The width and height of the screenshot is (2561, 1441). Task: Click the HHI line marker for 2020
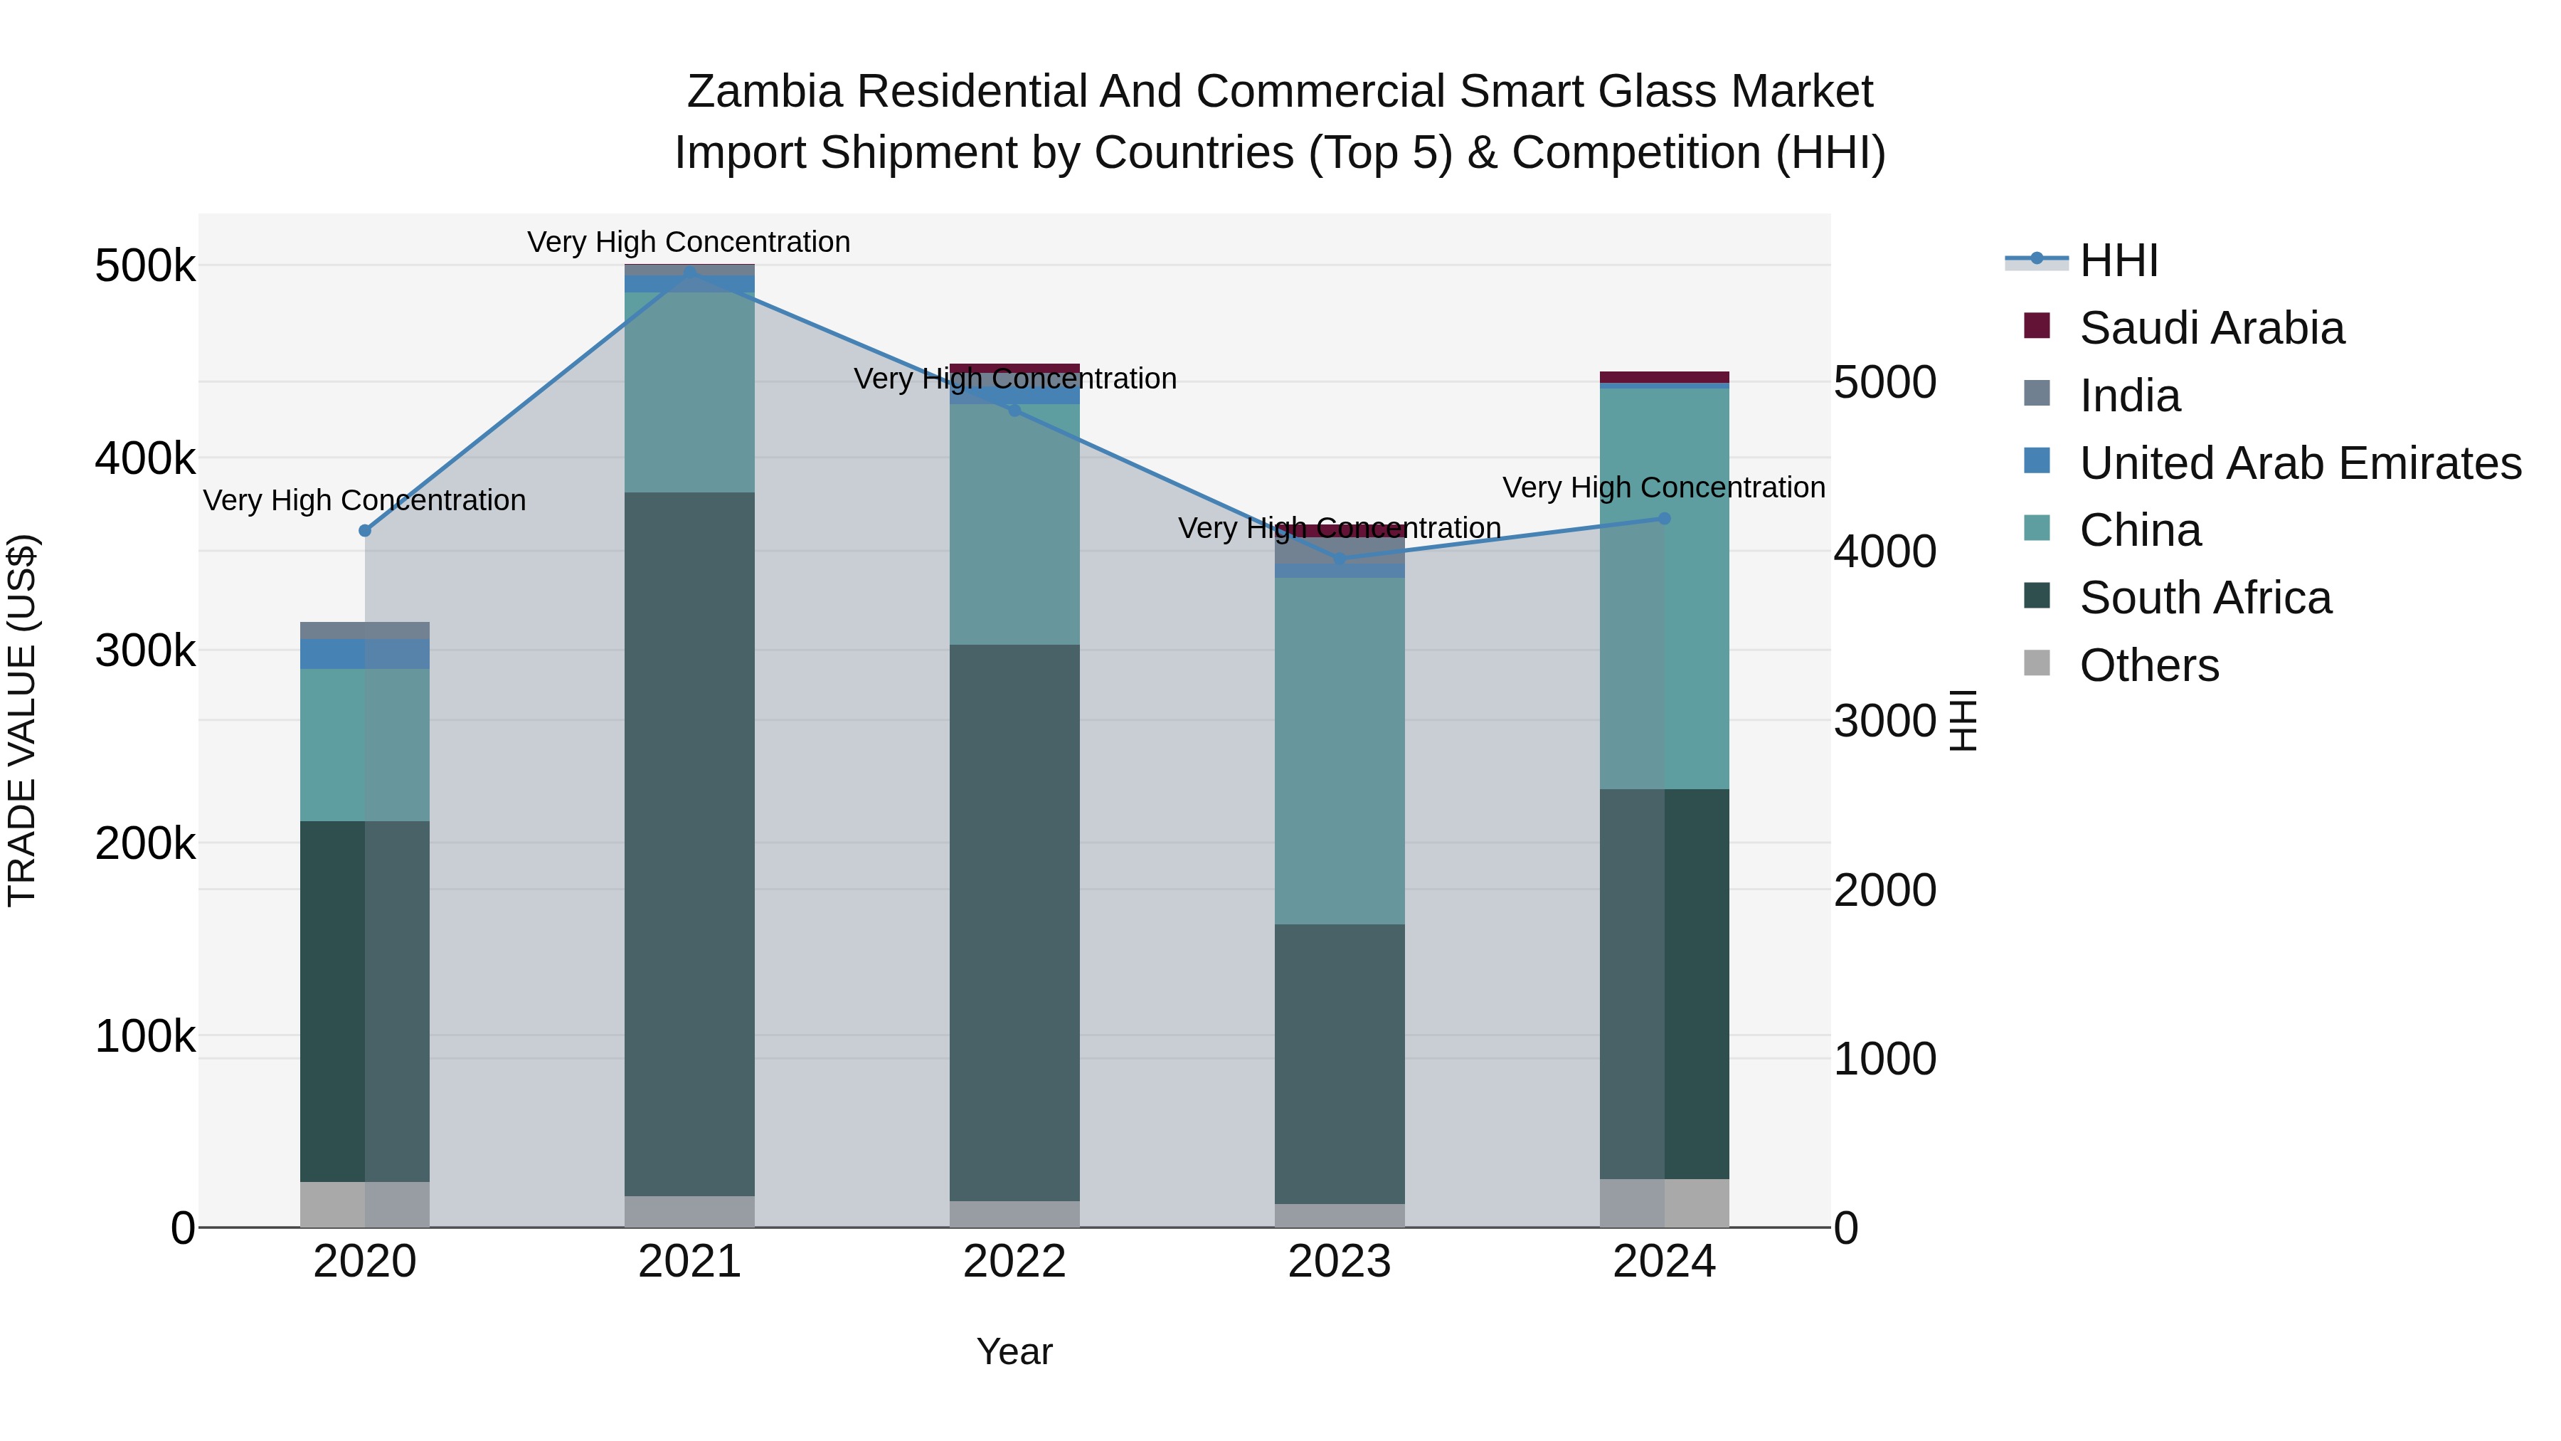point(365,530)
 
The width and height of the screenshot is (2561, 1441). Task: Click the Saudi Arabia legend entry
point(2211,328)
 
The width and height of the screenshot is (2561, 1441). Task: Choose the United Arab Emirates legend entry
point(2299,463)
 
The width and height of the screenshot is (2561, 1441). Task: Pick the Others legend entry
point(2148,665)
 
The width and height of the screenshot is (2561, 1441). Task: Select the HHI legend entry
point(2118,260)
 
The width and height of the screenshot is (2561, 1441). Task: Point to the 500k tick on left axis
point(145,267)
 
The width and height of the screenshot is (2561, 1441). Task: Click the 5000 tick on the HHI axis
point(1884,383)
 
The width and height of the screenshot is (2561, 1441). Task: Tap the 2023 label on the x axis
point(1339,1262)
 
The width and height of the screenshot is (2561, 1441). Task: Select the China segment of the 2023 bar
point(1339,750)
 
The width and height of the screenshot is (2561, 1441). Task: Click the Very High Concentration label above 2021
point(689,242)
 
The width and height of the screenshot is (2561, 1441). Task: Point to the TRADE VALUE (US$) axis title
point(22,720)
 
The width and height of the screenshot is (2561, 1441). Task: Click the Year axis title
point(1014,1351)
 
